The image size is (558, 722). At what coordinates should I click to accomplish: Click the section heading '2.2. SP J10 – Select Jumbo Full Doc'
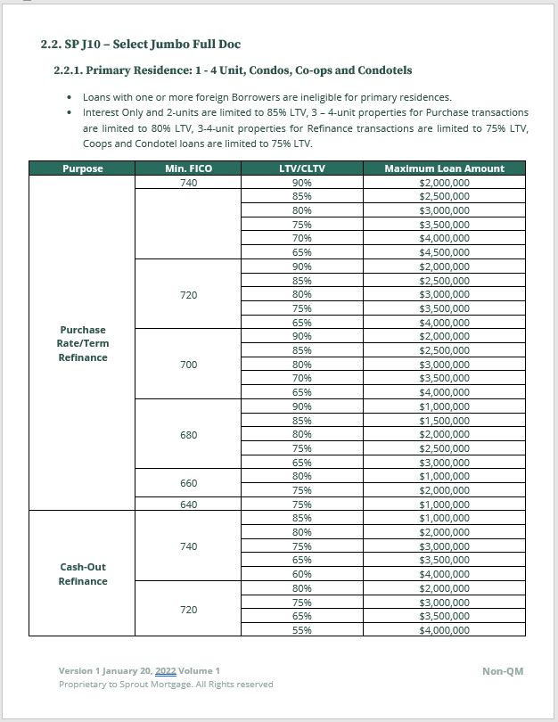141,44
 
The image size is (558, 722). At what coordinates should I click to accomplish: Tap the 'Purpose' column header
82,168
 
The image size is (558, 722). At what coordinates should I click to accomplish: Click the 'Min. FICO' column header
188,168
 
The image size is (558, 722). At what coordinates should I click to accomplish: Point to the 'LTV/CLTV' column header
301,168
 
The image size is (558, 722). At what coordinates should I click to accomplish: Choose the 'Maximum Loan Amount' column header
444,168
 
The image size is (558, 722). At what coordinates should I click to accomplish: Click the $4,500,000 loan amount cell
444,252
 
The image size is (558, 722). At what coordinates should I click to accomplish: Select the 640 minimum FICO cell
188,505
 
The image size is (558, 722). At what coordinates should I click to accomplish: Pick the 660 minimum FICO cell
188,483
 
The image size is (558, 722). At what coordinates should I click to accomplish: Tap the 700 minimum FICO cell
188,365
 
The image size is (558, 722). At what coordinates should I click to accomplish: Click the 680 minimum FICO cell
188,435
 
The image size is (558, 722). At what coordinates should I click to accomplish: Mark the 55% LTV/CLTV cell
301,630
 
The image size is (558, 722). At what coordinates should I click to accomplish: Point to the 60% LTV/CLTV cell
301,574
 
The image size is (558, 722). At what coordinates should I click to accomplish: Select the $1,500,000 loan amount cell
444,421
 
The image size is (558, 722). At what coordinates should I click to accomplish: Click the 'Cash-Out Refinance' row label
83,574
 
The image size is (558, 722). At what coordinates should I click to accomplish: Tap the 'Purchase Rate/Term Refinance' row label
83,344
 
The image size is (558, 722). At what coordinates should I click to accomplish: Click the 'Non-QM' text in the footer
503,671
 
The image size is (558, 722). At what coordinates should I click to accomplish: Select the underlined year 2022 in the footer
165,670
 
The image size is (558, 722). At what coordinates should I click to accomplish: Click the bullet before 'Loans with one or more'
70,97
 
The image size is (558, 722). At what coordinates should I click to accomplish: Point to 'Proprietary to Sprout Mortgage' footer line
166,685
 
